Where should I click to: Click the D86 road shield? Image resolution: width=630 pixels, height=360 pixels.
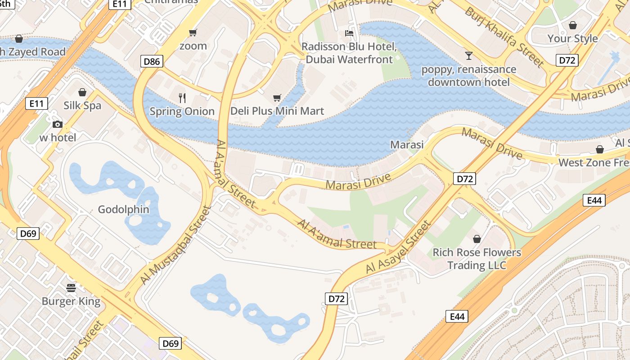[x=152, y=61]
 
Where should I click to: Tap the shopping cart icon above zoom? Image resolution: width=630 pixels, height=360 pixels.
[x=193, y=32]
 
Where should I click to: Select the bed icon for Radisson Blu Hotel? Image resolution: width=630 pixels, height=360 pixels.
[x=349, y=33]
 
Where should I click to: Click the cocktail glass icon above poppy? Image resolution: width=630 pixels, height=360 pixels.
[x=469, y=55]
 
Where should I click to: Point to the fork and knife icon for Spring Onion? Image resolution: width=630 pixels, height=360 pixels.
[x=182, y=98]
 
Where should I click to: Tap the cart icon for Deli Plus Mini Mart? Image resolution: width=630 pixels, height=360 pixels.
[x=277, y=98]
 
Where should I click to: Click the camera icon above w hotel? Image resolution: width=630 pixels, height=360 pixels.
[x=57, y=125]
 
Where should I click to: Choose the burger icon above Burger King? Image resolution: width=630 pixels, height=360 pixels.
[x=71, y=288]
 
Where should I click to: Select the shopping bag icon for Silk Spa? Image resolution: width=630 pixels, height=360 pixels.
[x=82, y=92]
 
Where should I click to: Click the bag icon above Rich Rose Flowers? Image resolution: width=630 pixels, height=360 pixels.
[x=477, y=238]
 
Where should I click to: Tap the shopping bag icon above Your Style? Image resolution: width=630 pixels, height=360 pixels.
[x=572, y=25]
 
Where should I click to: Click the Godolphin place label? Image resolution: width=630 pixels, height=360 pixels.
[x=123, y=209]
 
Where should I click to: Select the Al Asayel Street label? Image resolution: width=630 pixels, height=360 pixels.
[x=399, y=247]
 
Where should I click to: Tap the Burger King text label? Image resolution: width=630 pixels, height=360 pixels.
[x=71, y=301]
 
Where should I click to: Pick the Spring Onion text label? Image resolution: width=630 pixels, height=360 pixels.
[x=182, y=111]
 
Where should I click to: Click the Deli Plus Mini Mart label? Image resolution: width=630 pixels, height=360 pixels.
[x=277, y=111]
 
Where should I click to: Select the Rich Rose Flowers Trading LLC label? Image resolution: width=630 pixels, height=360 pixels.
[x=477, y=259]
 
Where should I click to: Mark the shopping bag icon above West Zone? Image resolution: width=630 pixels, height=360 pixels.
[x=599, y=149]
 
